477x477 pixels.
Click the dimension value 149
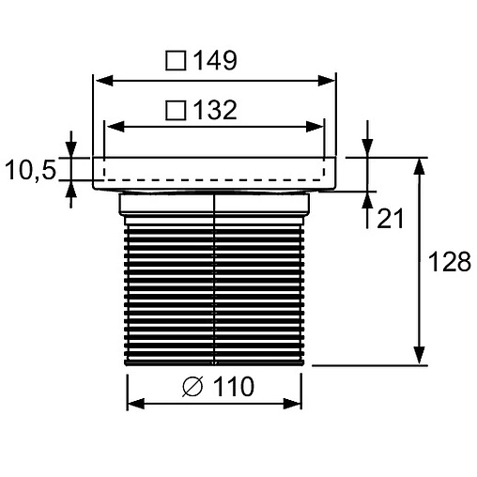point(215,61)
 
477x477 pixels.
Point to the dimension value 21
point(390,219)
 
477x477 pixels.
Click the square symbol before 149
point(176,61)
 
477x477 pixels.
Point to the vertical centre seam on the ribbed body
point(215,282)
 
